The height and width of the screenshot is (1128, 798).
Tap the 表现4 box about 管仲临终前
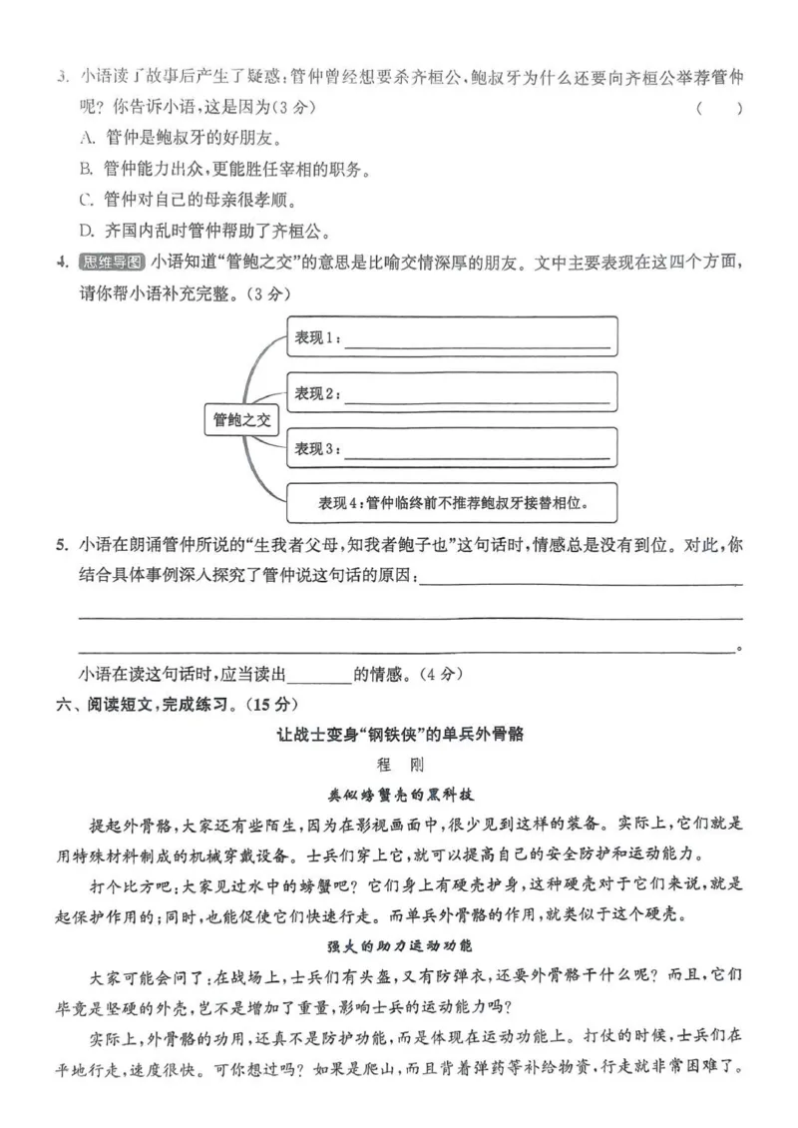pos(452,503)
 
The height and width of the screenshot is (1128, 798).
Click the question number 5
pos(62,547)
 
